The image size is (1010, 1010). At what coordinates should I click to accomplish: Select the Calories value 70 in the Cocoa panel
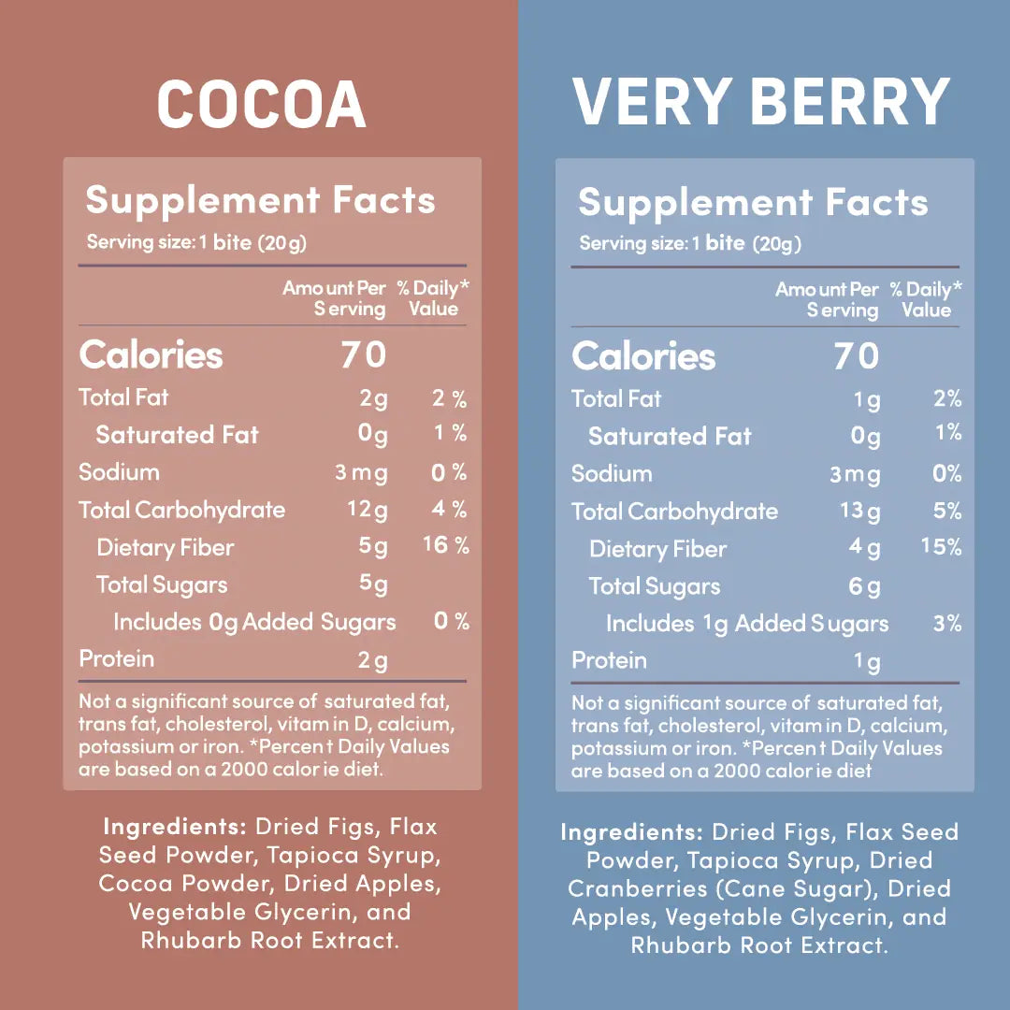pos(363,355)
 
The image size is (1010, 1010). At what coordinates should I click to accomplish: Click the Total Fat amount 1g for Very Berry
pos(867,400)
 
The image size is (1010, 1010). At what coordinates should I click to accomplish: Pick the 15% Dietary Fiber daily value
pos(941,547)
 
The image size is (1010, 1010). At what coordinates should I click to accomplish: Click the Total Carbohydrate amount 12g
pos(367,511)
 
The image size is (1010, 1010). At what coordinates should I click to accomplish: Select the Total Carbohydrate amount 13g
pos(860,512)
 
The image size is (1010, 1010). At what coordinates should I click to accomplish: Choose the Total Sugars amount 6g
pos(864,587)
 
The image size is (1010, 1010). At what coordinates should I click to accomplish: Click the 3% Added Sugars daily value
pos(947,623)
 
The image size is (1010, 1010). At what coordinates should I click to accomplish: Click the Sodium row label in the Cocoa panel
pos(119,472)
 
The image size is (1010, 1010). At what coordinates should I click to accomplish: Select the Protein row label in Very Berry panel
pos(609,660)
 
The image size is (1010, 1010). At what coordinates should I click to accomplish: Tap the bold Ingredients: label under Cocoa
pos(174,828)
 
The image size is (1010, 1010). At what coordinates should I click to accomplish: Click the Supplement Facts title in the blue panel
pos(753,203)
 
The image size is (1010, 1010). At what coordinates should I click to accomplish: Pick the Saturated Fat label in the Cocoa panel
pos(177,435)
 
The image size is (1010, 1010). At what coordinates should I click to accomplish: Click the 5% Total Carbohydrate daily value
pos(946,511)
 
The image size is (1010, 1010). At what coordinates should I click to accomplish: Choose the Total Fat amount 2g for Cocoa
pos(372,399)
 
